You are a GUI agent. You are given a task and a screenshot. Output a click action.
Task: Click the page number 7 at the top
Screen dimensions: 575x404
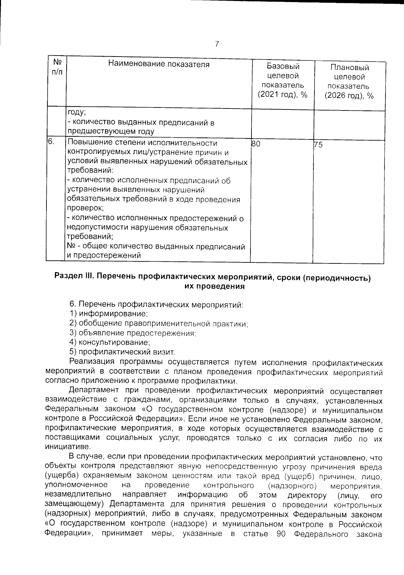[x=217, y=44]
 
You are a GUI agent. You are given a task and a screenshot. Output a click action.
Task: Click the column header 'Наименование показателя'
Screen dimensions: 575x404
[x=159, y=65]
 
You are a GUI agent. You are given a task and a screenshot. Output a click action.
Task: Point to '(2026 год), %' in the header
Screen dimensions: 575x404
[x=349, y=96]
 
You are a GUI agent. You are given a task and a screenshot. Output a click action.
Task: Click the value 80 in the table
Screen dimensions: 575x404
[x=256, y=144]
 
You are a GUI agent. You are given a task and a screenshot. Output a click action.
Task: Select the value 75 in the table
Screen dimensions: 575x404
[x=318, y=145]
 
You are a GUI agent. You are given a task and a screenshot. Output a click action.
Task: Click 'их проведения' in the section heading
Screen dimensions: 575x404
[x=214, y=287]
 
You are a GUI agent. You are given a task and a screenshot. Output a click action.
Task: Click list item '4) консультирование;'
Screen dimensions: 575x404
[x=109, y=343]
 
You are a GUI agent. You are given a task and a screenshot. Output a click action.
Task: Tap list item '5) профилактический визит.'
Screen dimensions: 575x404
[x=122, y=352]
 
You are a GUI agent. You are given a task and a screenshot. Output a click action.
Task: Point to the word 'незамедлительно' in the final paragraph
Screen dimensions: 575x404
[x=78, y=495]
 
